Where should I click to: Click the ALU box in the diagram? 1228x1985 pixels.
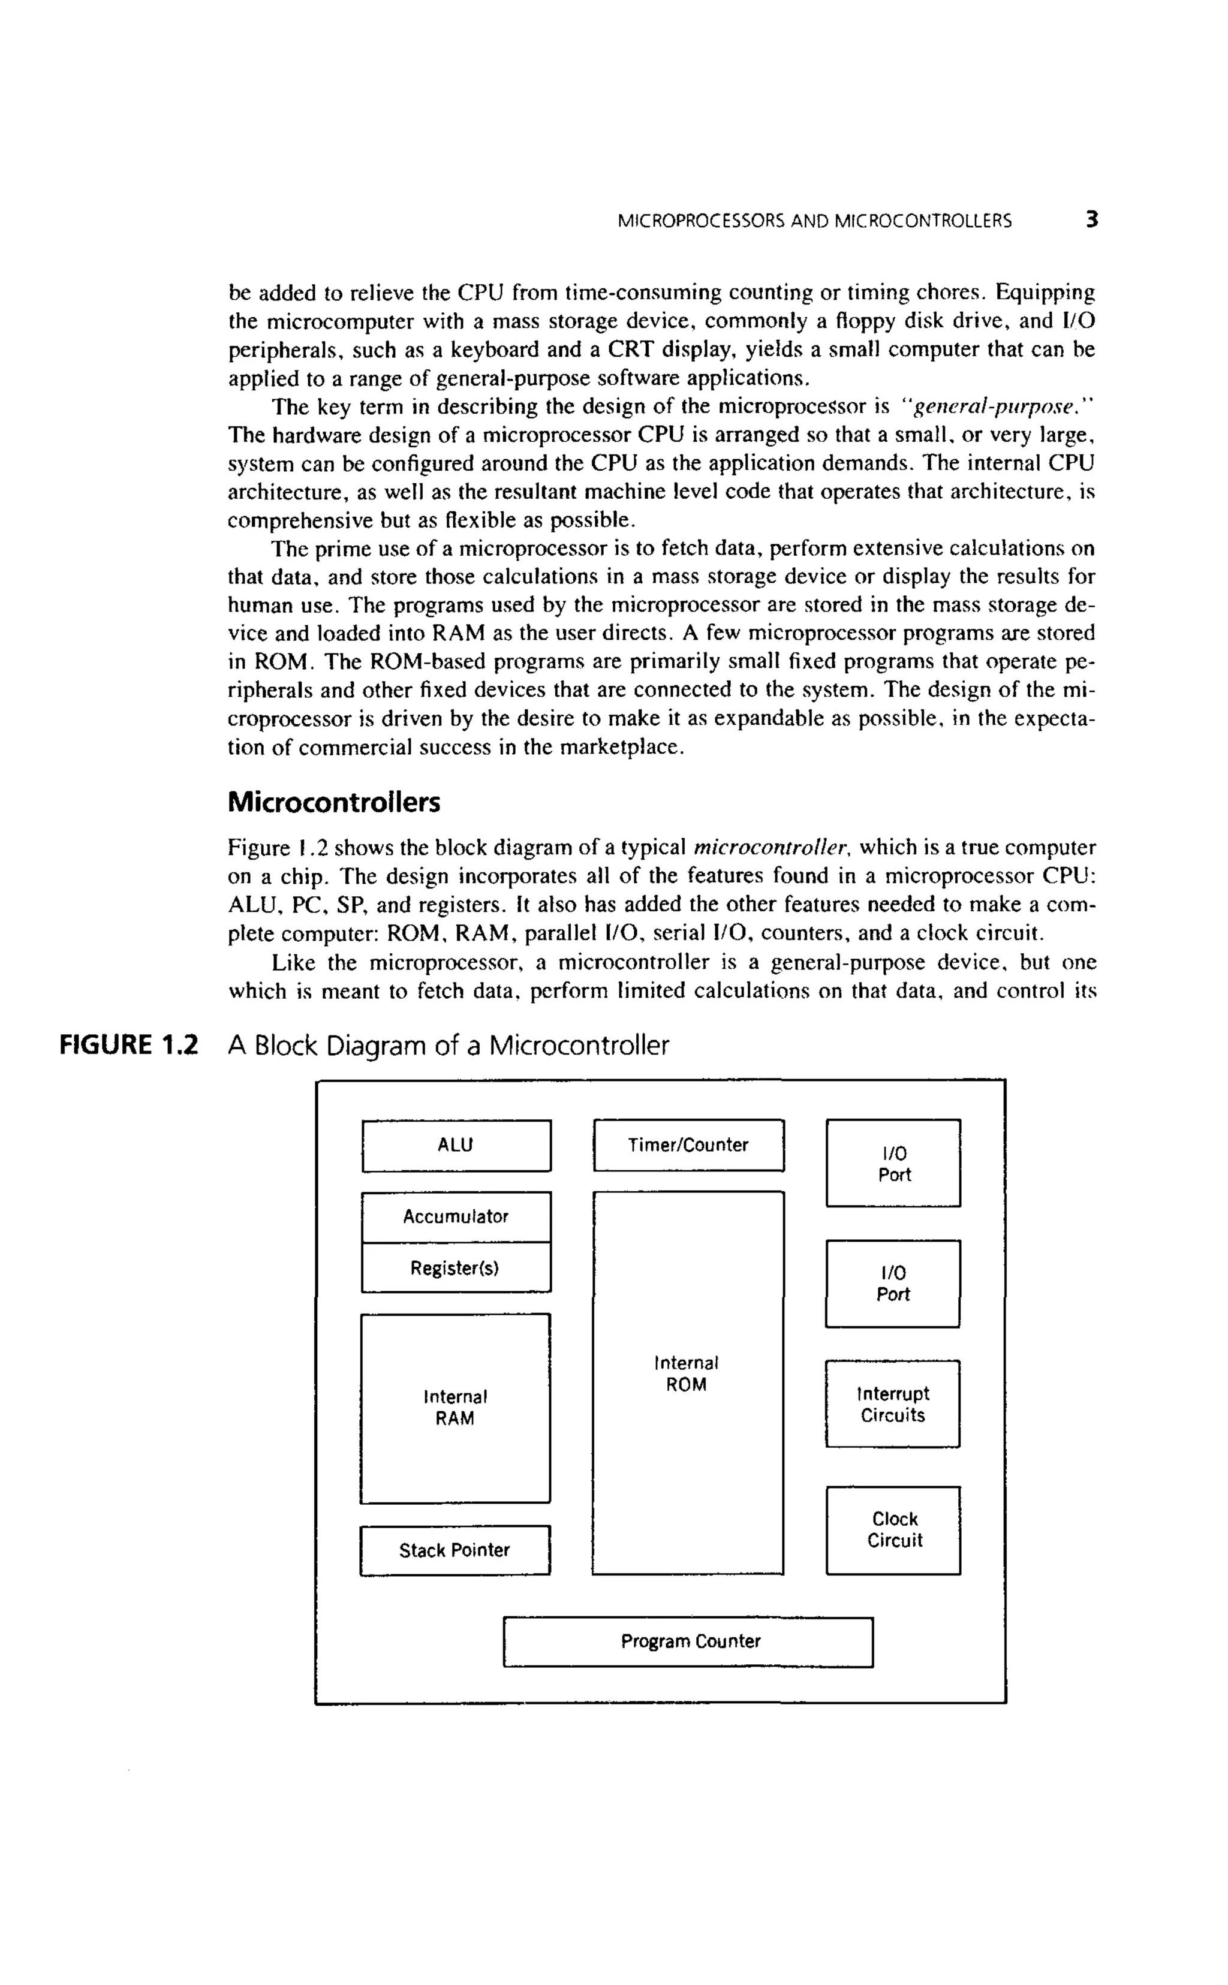click(456, 1146)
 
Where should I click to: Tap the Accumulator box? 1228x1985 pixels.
click(456, 1216)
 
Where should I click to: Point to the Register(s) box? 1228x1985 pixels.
click(456, 1267)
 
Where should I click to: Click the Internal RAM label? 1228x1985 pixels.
click(455, 1408)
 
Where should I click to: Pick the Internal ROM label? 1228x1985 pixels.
click(687, 1373)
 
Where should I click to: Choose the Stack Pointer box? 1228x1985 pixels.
click(455, 1551)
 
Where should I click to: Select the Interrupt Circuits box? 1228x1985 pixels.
click(893, 1405)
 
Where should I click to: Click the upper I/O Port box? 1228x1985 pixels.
click(893, 1164)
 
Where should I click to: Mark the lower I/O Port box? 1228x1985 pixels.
click(893, 1284)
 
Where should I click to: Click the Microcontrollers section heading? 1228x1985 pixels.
click(334, 802)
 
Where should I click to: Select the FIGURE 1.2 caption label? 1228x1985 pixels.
click(129, 1045)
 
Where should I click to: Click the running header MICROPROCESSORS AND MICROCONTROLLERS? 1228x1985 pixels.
click(815, 221)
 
